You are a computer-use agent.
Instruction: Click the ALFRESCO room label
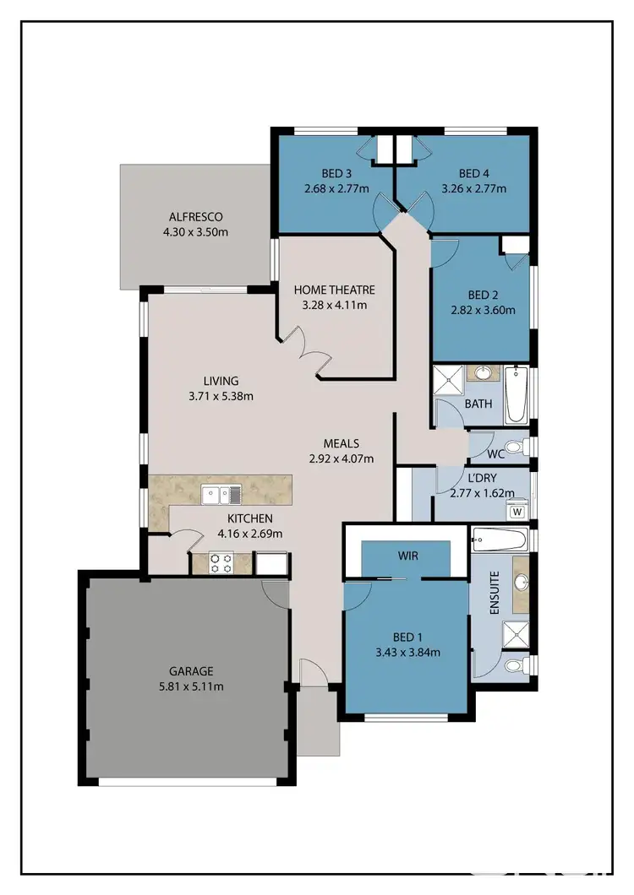[x=195, y=217]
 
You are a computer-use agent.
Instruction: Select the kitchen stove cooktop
[x=221, y=563]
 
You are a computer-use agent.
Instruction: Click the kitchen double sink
[x=221, y=494]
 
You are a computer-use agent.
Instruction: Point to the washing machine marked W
[x=516, y=511]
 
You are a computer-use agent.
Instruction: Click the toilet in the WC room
[x=513, y=446]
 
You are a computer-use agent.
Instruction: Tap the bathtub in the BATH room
[x=516, y=395]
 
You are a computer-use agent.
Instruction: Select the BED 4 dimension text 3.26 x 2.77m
[x=473, y=189]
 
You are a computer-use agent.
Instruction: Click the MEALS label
[x=342, y=443]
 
